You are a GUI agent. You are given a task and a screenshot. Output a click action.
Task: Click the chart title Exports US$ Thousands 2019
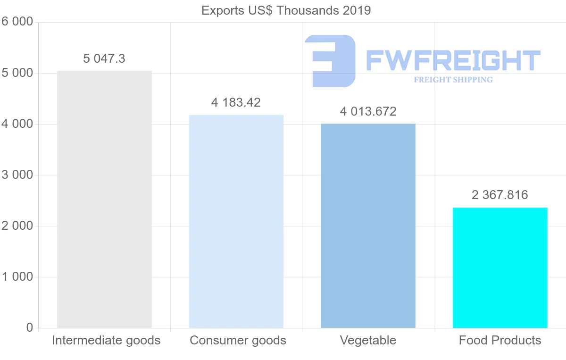coord(286,10)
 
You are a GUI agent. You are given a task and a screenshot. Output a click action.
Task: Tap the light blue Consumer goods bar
coord(236,221)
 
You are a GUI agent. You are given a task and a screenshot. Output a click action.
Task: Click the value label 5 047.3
coord(104,59)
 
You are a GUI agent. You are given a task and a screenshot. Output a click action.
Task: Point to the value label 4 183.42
coord(236,102)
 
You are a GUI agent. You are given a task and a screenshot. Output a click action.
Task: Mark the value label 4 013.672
coord(368,112)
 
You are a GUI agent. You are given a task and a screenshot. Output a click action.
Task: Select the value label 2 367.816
coord(500,195)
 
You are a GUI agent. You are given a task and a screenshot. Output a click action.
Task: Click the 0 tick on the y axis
coord(29,328)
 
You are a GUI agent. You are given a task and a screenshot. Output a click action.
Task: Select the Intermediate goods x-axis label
coord(106,340)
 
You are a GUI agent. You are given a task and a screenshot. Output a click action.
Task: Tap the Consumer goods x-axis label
coord(238,340)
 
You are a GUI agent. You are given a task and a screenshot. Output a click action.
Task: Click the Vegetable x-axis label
coord(368,340)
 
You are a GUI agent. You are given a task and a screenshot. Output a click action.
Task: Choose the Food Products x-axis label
coord(500,340)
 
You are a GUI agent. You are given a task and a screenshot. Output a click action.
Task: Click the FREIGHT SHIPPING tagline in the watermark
coord(453,80)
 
